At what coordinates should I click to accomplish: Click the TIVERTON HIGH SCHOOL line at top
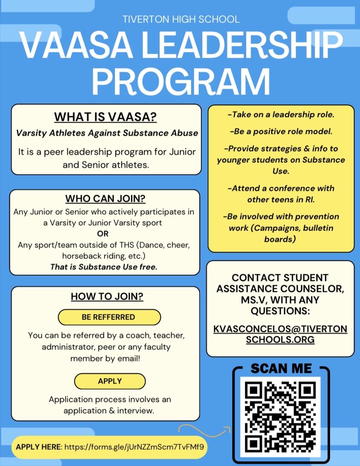181,19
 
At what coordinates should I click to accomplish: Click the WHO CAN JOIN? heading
105,199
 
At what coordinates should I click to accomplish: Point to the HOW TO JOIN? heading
107,297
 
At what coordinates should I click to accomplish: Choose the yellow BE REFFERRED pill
108,317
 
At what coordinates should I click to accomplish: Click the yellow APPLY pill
110,381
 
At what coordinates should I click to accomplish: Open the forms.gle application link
134,447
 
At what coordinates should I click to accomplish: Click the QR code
280,416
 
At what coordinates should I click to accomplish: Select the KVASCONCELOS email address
280,334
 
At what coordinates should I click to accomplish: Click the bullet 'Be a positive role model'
281,131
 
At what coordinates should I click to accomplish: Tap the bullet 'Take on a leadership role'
281,115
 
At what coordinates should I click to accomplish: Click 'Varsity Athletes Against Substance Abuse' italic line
107,133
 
